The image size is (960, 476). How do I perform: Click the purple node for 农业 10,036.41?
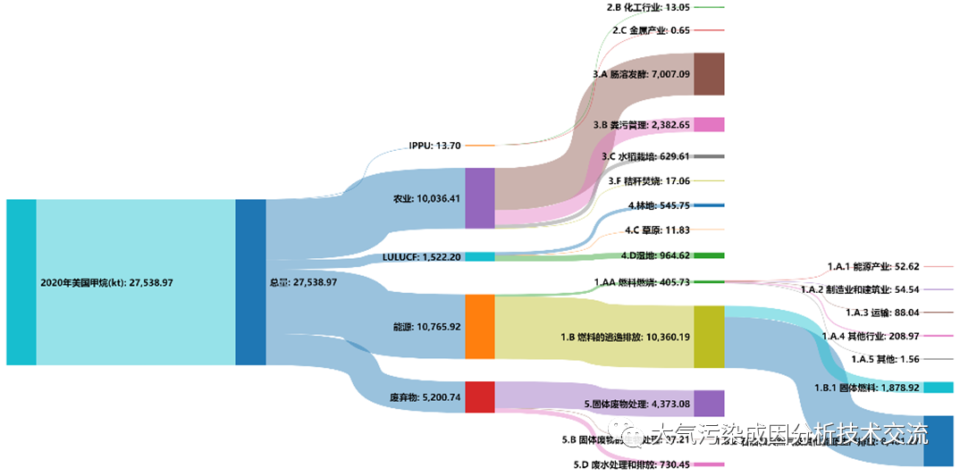click(479, 197)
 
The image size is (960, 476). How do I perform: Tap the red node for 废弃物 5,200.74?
click(479, 397)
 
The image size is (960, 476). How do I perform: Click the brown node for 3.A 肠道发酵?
click(709, 74)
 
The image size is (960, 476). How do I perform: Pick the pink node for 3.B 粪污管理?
click(709, 125)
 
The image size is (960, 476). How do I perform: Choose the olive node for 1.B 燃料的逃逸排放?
click(709, 337)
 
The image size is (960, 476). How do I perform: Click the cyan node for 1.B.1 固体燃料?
click(938, 388)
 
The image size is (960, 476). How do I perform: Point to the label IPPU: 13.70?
click(434, 145)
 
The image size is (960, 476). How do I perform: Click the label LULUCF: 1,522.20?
click(421, 257)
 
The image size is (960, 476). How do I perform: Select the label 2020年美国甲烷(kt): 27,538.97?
click(106, 282)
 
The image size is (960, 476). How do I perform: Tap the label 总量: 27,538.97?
click(303, 282)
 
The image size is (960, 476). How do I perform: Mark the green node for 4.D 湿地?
click(709, 255)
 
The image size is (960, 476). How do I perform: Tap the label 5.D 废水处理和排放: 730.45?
click(631, 464)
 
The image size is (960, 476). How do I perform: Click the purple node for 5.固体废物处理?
click(709, 404)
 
